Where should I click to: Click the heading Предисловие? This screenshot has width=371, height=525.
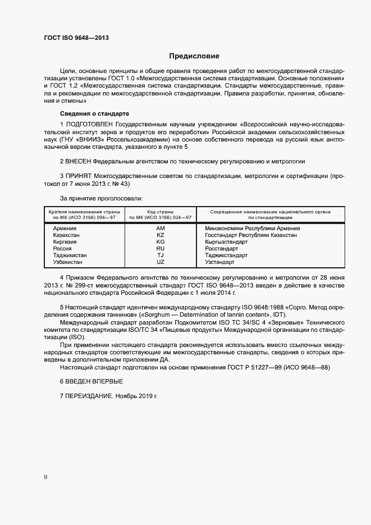coord(194,56)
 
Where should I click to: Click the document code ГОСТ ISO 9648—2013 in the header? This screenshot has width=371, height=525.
coord(76,38)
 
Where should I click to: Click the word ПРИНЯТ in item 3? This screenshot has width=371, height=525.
coord(79,176)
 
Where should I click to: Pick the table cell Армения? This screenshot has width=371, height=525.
coord(65,229)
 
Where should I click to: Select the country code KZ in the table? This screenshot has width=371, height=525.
coord(161,235)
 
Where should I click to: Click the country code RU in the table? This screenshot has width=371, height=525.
coord(161,249)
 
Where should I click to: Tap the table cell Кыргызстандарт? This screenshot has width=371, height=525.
coord(226,242)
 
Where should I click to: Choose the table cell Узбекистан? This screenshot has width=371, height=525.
coord(68,262)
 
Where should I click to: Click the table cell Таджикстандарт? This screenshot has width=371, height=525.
coord(226,255)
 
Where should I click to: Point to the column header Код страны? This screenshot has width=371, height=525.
coord(161,212)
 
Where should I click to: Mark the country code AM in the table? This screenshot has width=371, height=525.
coord(161,229)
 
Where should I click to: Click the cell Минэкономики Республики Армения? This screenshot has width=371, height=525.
coord(253,229)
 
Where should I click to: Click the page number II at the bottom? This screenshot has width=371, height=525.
coord(45,477)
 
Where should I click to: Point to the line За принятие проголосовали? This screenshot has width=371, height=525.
coord(101,198)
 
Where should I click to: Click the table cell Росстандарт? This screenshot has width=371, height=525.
coord(222,249)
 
